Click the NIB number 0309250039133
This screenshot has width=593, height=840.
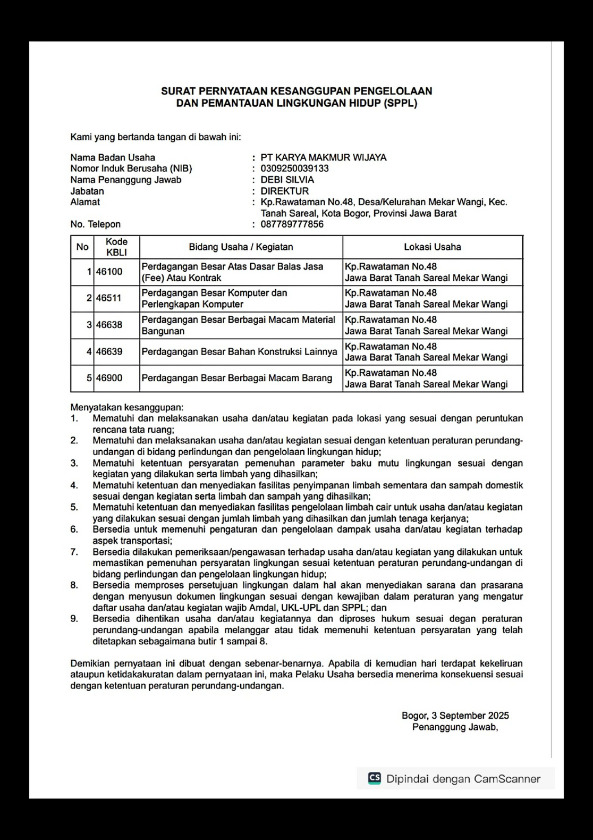294,169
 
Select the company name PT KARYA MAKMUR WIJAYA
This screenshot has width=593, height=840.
323,157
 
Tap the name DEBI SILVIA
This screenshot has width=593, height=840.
287,180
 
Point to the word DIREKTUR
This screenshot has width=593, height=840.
284,191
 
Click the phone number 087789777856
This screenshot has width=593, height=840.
292,224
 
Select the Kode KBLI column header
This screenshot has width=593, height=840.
116,247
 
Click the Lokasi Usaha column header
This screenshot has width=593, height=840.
432,247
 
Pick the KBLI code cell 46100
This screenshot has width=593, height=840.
109,272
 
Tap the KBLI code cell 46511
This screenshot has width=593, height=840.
109,298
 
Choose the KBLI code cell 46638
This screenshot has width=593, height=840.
109,325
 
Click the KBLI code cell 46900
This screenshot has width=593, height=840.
109,378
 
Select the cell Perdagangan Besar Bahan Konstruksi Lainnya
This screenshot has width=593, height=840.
239,351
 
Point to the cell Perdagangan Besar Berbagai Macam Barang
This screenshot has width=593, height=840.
236,378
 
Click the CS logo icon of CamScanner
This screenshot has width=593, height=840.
375,778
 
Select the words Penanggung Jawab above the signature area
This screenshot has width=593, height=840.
454,727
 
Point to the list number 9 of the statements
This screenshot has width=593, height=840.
74,619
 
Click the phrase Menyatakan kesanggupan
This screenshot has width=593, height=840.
126,407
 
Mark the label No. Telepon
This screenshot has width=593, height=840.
96,224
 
